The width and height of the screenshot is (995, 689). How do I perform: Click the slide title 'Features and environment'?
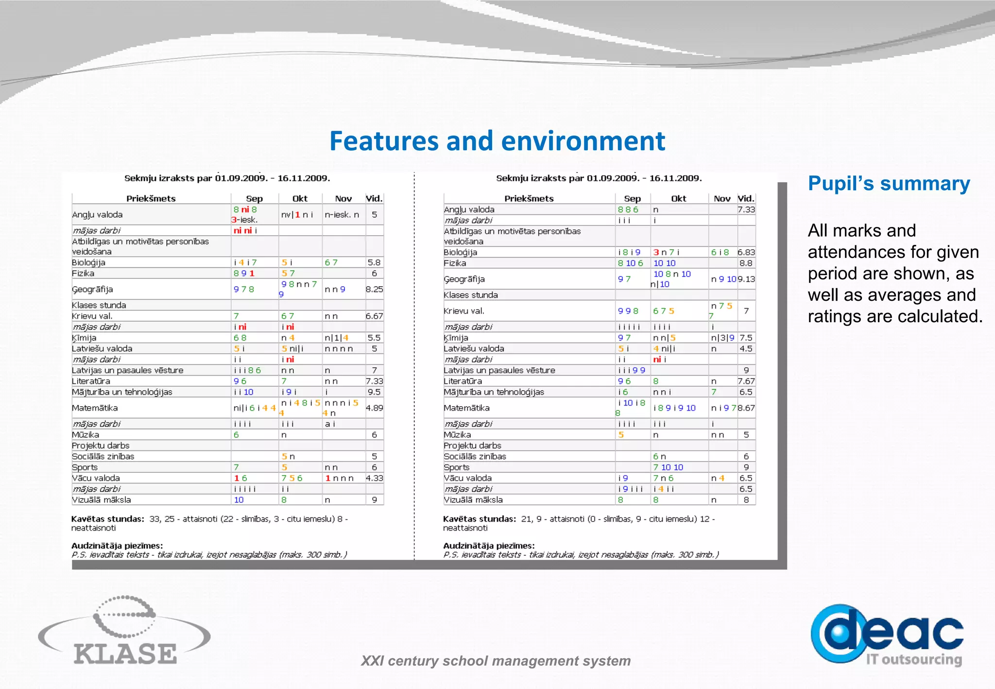coord(497,141)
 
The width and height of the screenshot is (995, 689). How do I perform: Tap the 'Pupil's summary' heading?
coord(889,184)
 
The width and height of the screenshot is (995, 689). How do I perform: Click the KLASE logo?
coord(124,632)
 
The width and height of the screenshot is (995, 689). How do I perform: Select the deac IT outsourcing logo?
coord(887,635)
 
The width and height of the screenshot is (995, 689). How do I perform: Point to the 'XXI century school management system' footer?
coord(496,661)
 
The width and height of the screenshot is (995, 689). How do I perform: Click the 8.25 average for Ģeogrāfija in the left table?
coord(374,289)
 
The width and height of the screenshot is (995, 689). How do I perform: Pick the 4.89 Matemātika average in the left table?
coord(374,408)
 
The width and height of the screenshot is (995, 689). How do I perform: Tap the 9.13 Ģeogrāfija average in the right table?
coord(746,279)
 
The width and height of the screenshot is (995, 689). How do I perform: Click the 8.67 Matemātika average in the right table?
coord(746,408)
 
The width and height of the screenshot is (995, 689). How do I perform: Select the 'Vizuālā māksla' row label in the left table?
coord(101,500)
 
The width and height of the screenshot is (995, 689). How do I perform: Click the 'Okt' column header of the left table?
coord(300,199)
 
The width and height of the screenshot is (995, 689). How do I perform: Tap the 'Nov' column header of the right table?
coord(722,199)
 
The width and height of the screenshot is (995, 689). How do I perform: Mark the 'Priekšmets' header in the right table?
coord(529,199)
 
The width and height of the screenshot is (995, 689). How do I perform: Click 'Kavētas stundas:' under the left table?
coord(108,519)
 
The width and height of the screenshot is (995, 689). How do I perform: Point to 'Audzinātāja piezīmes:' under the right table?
coord(489,546)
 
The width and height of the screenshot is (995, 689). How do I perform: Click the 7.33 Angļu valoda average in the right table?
coord(746,210)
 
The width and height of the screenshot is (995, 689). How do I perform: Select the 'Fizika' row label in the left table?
coord(83,274)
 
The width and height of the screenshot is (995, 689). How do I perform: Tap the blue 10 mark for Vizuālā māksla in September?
coord(239,500)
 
